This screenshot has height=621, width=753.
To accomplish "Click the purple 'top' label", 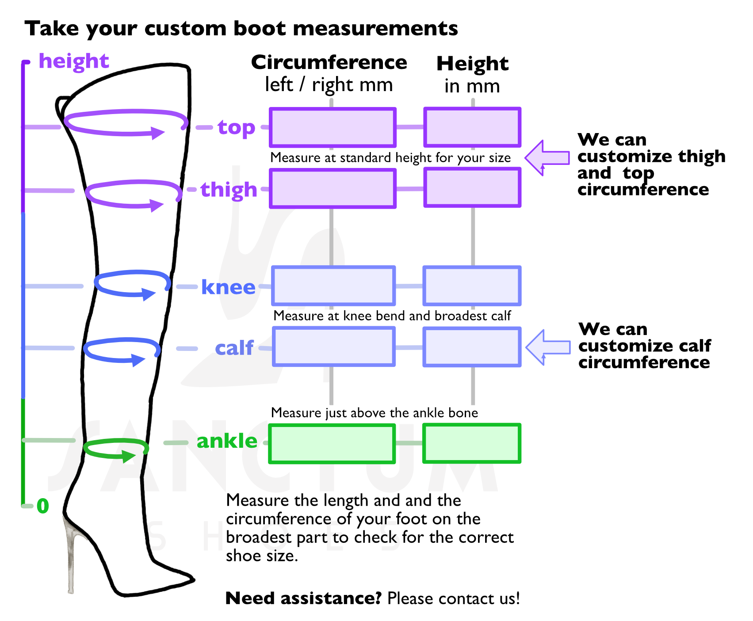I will (x=236, y=128).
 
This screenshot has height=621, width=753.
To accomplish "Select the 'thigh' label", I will (x=229, y=190).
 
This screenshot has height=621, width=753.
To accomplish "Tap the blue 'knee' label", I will (x=228, y=287).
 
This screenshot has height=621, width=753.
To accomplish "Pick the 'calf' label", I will (x=234, y=348).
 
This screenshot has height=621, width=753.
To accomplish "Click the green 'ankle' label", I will (x=227, y=441).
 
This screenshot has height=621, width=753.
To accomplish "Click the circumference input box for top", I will (x=333, y=127).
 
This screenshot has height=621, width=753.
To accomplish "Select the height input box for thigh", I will (x=472, y=188).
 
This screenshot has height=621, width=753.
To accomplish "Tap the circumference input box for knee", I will (x=333, y=286).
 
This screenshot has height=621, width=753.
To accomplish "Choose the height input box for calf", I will (x=472, y=347).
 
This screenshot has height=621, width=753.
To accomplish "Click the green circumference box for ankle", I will (x=332, y=443).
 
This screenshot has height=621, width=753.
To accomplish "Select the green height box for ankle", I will (x=471, y=443).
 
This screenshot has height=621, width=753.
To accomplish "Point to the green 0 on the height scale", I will (x=43, y=506).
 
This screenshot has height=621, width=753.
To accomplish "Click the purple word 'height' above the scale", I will (x=74, y=61).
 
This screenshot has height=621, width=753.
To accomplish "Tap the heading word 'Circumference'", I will (x=329, y=62).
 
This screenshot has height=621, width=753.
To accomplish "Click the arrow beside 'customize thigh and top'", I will (x=547, y=158).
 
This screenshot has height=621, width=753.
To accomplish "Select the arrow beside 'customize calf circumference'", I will (x=547, y=347).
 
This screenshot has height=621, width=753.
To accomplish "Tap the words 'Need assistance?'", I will (x=303, y=598).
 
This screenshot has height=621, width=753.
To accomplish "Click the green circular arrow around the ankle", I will (x=115, y=449).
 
